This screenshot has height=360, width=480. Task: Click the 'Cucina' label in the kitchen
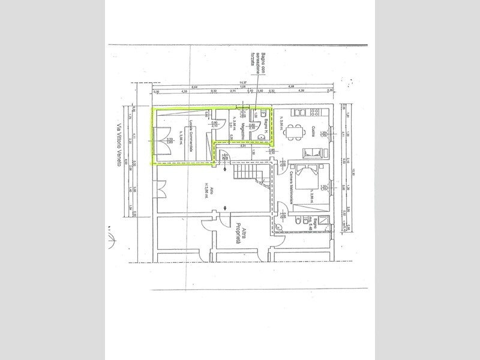tap(314, 130)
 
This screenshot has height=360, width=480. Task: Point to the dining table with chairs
tap(294, 129)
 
